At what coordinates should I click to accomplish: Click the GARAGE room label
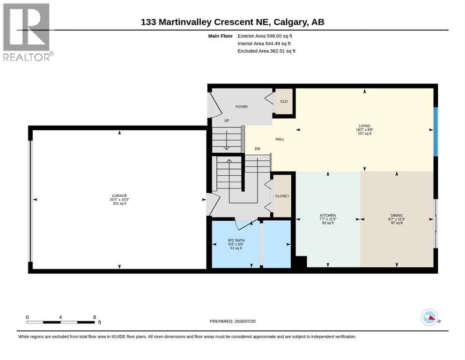click(119, 196)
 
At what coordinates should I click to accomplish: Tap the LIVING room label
click(364, 126)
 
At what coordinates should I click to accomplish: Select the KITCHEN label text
click(328, 216)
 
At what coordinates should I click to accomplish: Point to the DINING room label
click(397, 216)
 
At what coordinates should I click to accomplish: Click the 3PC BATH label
click(236, 240)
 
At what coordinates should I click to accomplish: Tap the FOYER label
click(241, 107)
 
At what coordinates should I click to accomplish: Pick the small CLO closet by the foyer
click(284, 101)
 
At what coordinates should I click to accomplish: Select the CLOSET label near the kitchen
click(282, 196)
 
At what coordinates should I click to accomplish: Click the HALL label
click(280, 139)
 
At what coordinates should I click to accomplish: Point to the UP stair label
click(227, 121)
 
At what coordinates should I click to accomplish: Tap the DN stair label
click(258, 149)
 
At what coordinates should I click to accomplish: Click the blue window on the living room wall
click(435, 132)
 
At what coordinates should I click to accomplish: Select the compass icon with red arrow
click(429, 317)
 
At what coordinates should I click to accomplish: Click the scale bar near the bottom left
click(60, 322)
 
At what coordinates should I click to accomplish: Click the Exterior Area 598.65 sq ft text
click(265, 36)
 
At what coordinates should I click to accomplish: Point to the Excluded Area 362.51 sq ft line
click(266, 51)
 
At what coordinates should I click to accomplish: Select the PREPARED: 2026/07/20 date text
click(232, 321)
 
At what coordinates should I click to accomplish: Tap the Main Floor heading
click(221, 36)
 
